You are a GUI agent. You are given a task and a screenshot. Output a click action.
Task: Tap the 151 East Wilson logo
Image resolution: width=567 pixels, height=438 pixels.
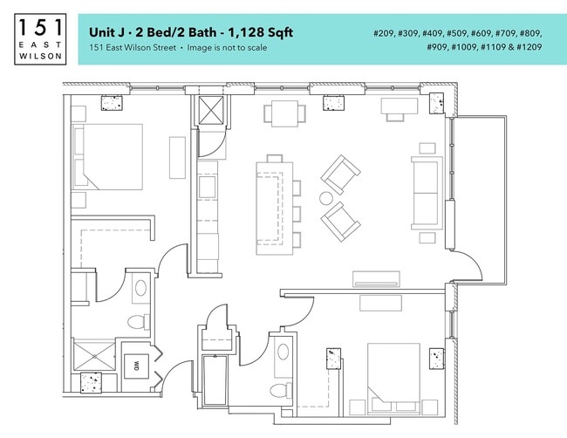(x=39, y=39)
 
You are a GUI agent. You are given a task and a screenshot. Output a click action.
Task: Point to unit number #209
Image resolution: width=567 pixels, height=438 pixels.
(x=386, y=32)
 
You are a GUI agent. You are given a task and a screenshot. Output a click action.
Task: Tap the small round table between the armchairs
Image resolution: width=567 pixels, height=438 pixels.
(x=326, y=198)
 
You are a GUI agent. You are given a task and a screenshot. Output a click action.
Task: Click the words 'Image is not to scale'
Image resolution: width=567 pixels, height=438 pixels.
(x=229, y=48)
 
